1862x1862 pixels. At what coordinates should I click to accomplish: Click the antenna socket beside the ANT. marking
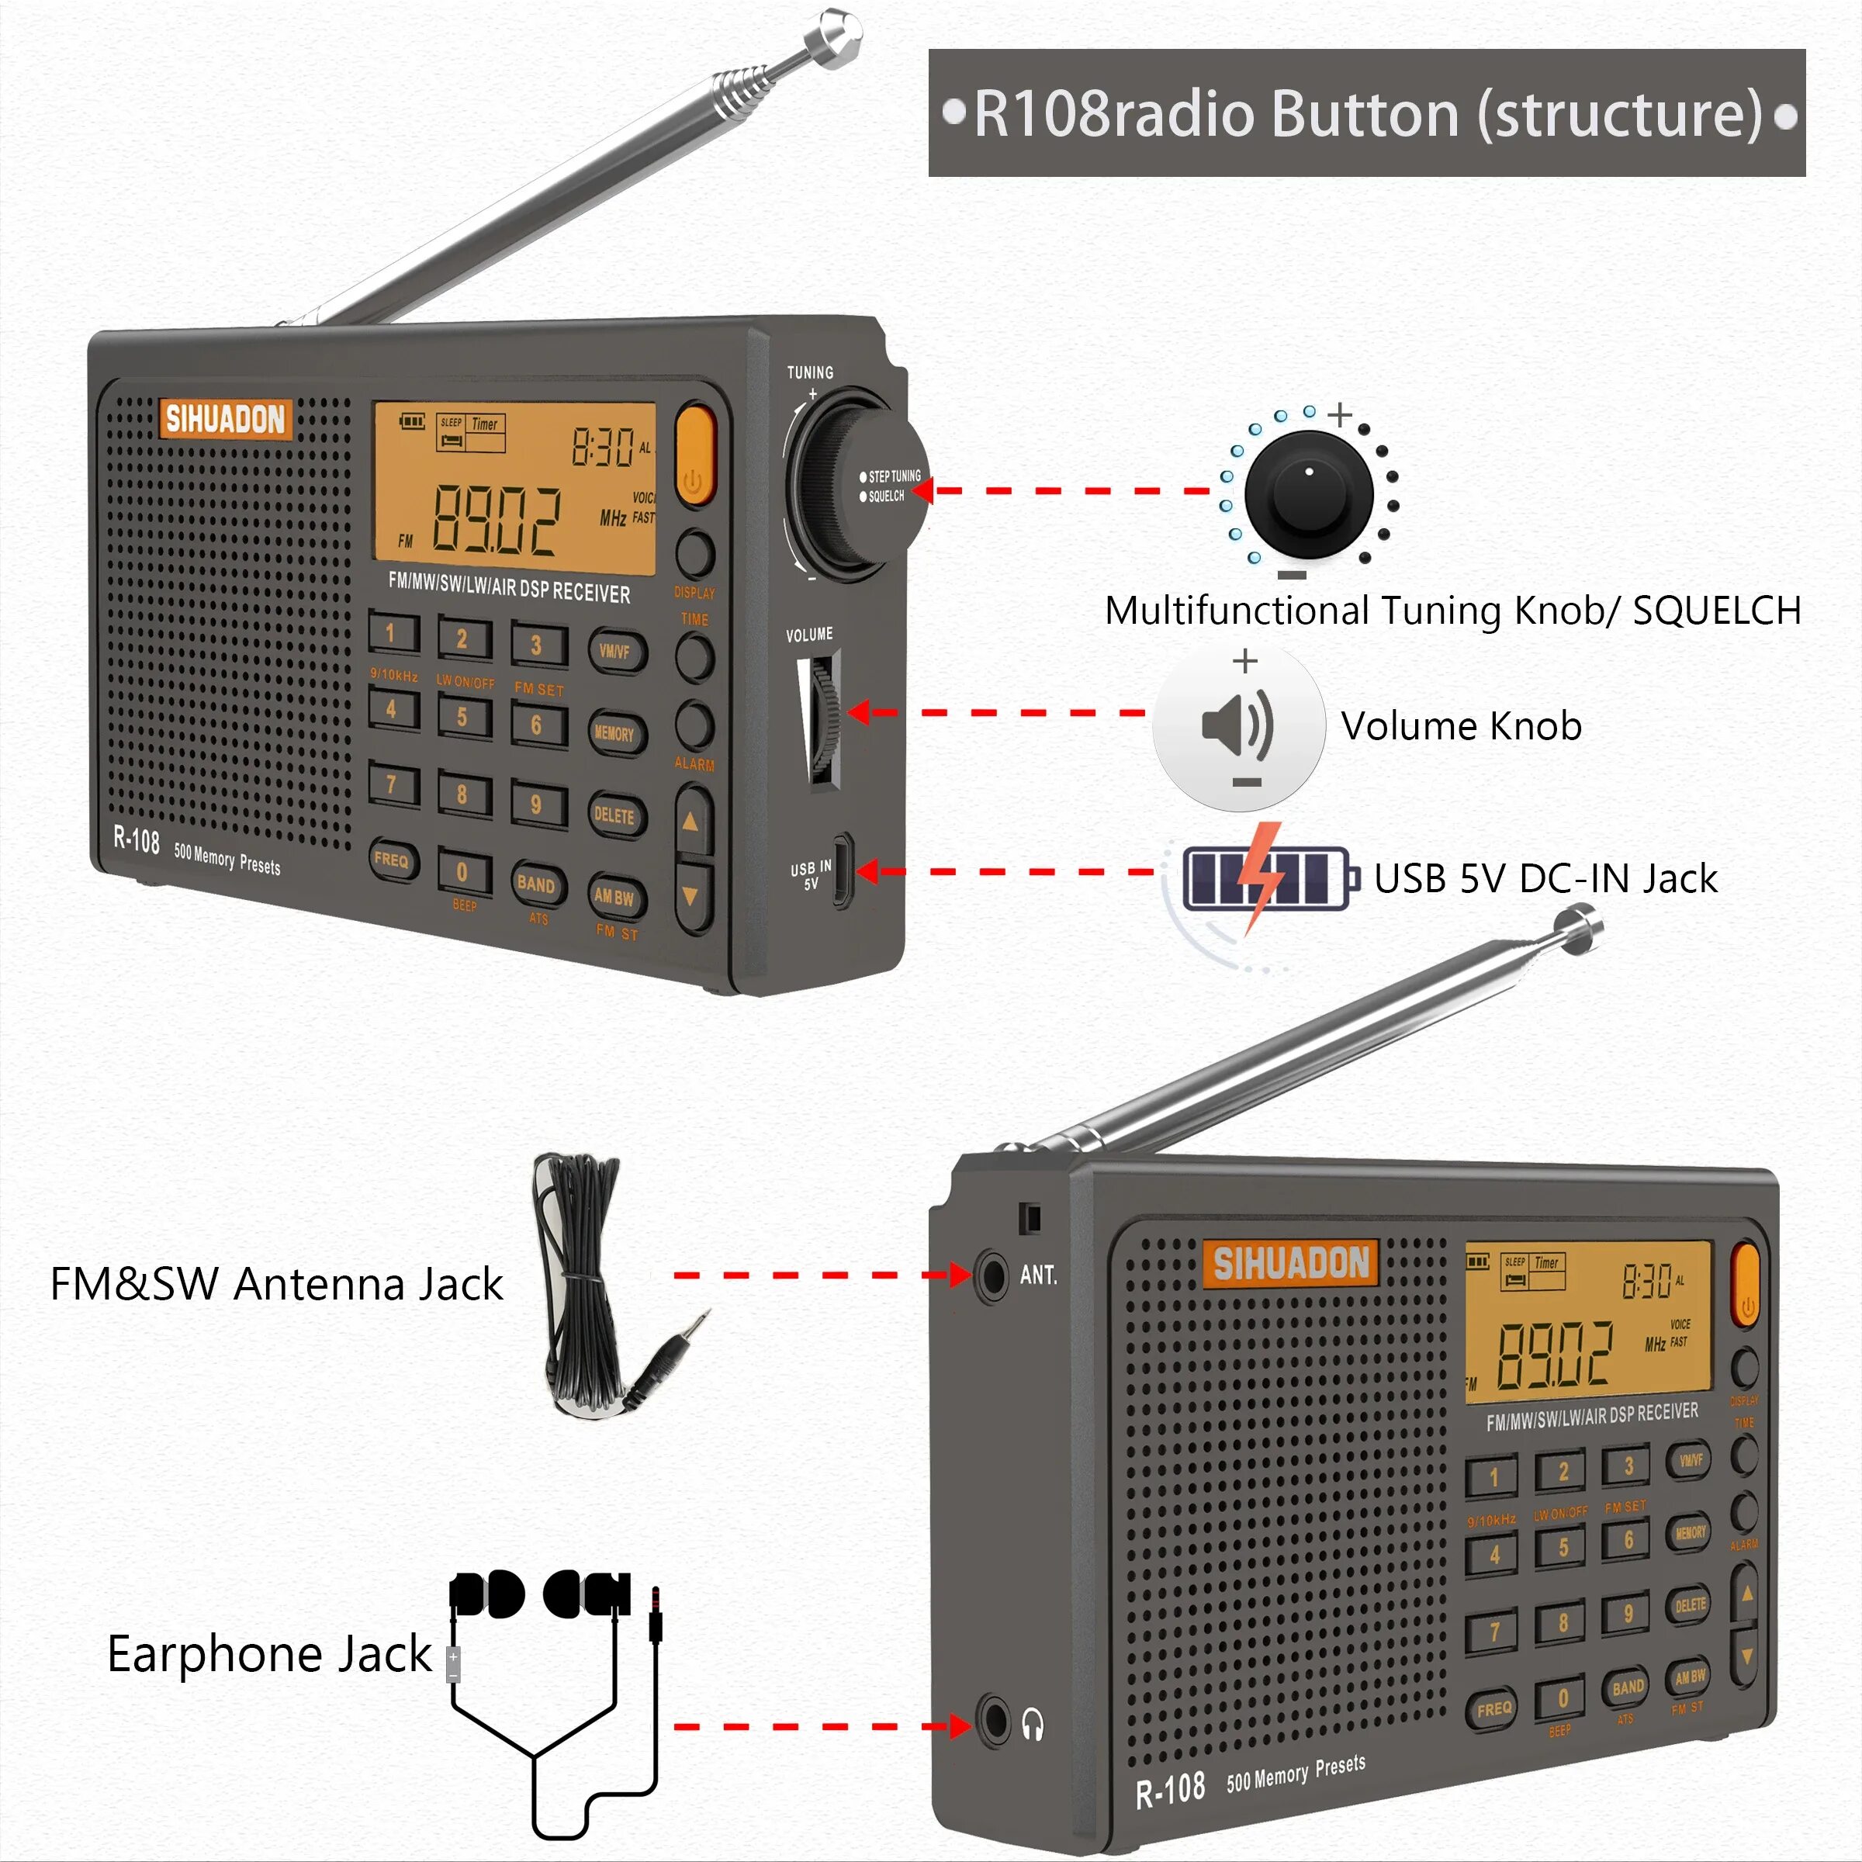991,1275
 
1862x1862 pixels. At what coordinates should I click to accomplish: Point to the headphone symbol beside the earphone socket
1032,1724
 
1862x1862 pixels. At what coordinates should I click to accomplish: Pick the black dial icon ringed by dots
1308,493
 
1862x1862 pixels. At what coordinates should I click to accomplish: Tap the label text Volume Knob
1461,725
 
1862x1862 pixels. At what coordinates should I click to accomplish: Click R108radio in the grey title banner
1113,114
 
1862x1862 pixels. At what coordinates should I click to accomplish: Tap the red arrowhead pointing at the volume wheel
858,713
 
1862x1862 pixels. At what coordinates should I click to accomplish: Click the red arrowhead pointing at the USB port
867,871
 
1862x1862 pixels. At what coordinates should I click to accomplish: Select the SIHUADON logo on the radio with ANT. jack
1289,1262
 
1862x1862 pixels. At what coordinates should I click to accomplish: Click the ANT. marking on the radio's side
1038,1275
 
